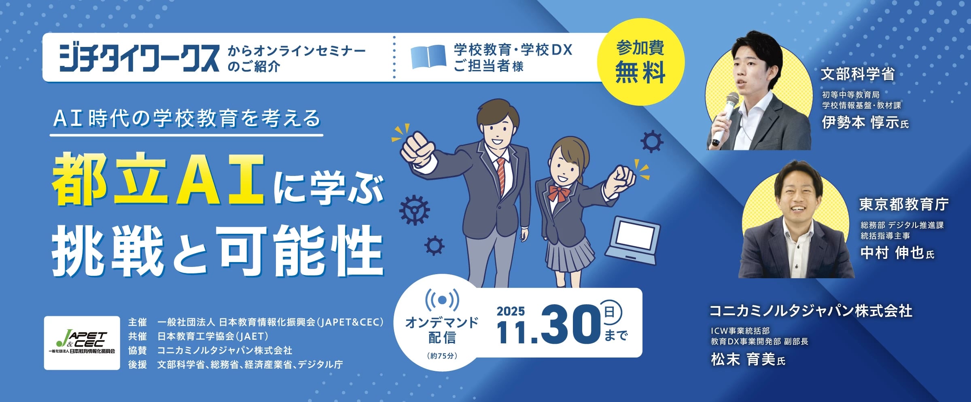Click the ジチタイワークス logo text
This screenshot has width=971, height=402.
139,58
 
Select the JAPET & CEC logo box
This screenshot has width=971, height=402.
82,343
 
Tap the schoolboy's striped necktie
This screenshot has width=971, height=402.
501,176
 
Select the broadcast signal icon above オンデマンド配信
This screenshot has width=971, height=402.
442,300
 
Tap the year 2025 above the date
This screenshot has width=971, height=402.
511,311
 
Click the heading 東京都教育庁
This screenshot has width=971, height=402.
904,204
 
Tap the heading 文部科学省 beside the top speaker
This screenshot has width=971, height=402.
858,74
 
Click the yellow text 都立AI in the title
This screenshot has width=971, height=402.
158,179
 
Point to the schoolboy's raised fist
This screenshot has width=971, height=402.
417,149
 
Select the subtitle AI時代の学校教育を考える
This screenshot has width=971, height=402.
187,118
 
